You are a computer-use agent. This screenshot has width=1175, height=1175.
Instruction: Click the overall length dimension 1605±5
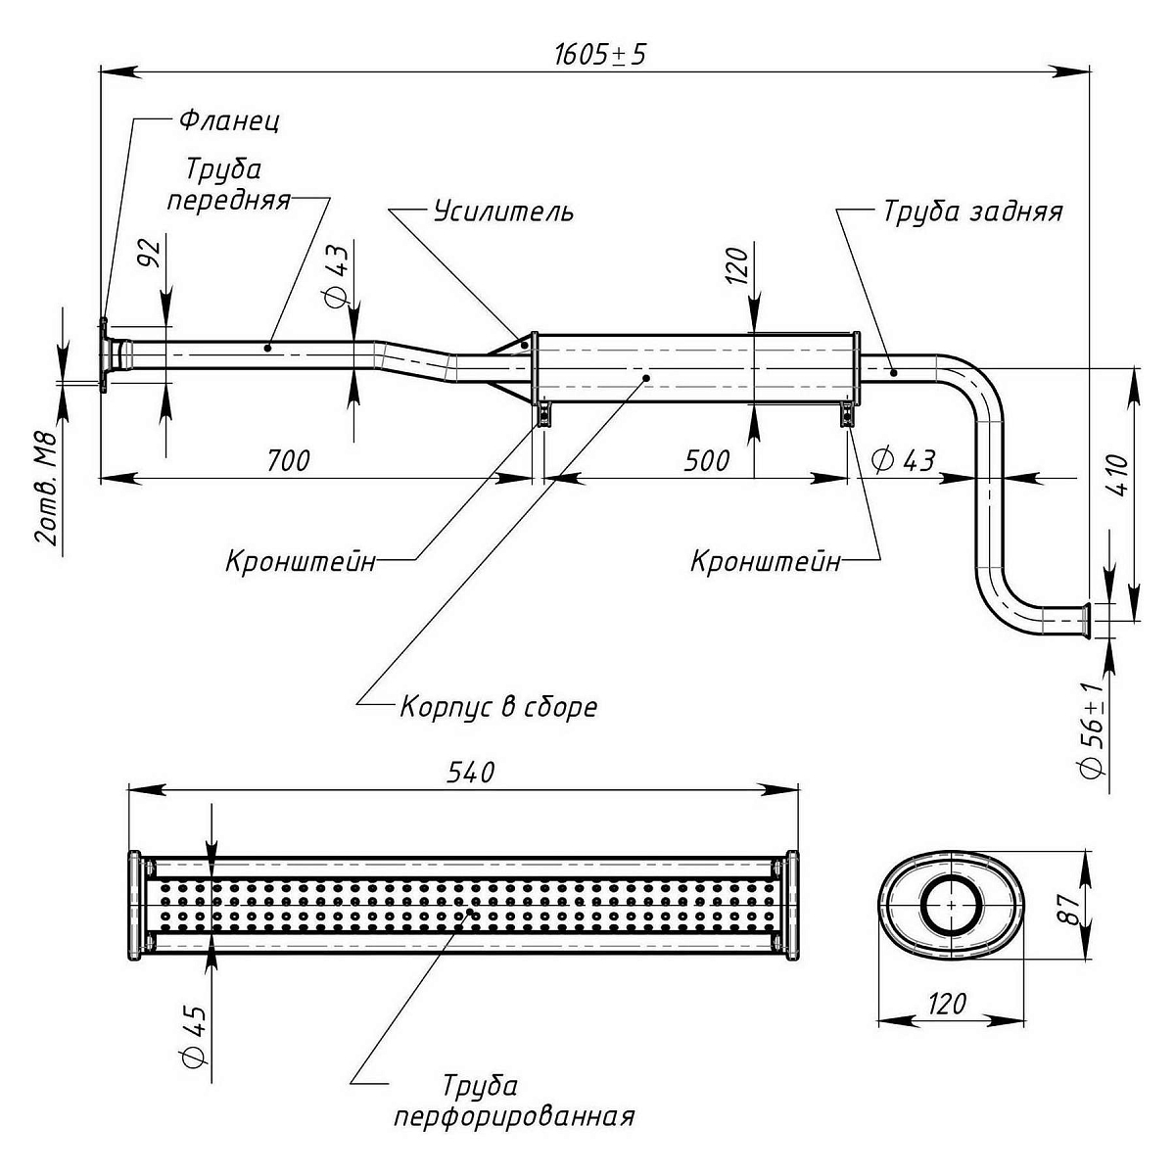coord(598,54)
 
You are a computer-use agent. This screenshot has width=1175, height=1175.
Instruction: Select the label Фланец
coord(229,121)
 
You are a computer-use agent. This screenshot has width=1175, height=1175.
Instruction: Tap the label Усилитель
coord(503,211)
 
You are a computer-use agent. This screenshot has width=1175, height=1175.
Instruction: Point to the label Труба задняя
coord(971,211)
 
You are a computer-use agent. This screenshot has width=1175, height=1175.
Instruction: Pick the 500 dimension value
coord(706,459)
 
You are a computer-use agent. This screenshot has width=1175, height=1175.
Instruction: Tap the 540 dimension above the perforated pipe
coord(470,773)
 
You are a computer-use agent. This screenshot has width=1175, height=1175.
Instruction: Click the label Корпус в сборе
coord(498,706)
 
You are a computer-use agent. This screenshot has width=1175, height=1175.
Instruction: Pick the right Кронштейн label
coord(766,562)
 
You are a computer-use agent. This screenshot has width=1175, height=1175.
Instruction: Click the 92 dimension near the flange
coord(148,254)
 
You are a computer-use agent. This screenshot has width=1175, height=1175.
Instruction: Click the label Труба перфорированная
coord(513,1101)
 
